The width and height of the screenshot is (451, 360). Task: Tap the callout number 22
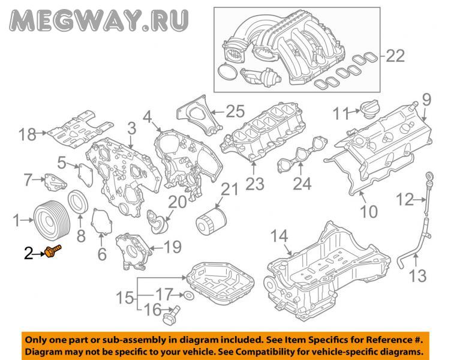[395, 56]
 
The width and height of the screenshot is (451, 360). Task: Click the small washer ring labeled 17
[188, 295]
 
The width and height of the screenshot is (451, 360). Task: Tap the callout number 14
[279, 236]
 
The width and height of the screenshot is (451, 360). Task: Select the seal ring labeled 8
[77, 202]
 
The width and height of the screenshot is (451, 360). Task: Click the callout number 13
[417, 276]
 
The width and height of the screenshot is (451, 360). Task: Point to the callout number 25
[235, 112]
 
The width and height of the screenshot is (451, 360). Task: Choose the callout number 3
[132, 128]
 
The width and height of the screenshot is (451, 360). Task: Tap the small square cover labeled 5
[86, 176]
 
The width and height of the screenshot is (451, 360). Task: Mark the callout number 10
[369, 212]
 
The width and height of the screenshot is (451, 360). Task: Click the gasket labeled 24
[302, 154]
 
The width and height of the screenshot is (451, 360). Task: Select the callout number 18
[28, 134]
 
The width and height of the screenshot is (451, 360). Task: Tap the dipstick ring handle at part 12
[429, 176]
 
